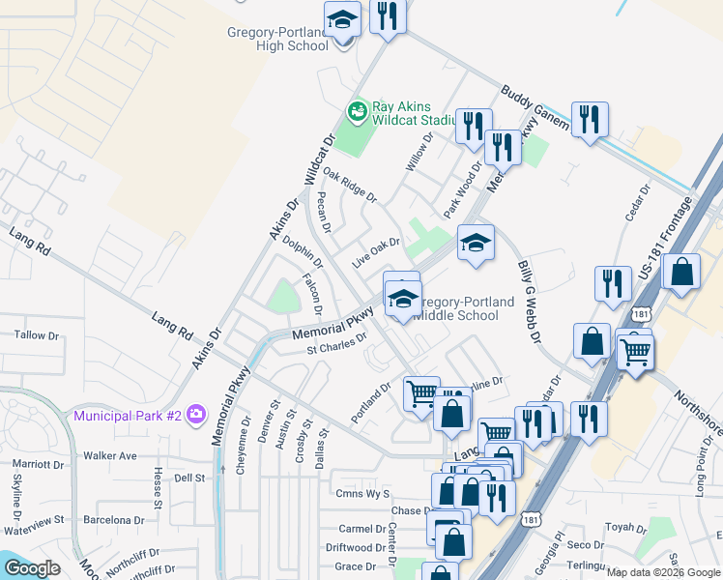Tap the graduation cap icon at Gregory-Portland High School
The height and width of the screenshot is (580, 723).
(341, 20)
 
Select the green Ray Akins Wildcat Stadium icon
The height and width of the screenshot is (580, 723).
(358, 112)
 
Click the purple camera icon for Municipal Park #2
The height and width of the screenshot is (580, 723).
(197, 415)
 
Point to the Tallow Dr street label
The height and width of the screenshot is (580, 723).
(36, 335)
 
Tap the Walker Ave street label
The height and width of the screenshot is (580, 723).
(109, 455)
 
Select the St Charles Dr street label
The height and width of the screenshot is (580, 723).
(336, 344)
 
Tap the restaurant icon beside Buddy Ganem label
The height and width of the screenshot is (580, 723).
(589, 119)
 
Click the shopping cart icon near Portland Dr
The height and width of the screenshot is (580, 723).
(421, 393)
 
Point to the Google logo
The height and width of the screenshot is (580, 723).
(33, 568)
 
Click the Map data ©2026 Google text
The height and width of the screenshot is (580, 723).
(663, 572)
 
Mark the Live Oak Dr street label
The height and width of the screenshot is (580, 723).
(375, 255)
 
